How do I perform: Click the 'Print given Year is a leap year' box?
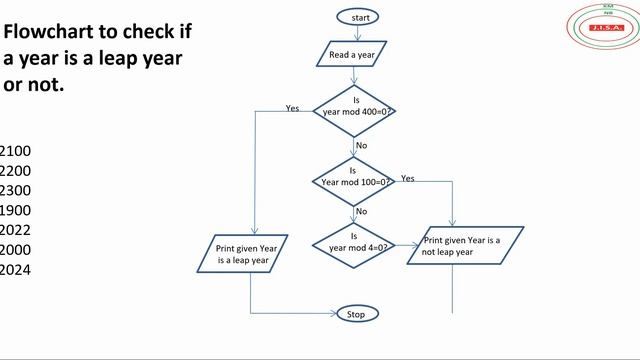point(247,254)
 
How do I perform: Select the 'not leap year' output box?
point(465,246)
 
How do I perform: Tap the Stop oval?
point(356,314)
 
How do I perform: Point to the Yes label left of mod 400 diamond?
point(292,108)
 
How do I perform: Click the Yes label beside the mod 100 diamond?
point(408,178)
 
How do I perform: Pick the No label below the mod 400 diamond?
point(362,145)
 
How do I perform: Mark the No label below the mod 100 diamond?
point(361,211)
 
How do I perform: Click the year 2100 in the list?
point(16,151)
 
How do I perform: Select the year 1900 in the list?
point(16,210)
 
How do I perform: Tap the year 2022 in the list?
point(16,230)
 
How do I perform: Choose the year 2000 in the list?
point(16,250)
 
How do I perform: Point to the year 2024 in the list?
point(16,269)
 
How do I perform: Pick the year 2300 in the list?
point(16,190)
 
